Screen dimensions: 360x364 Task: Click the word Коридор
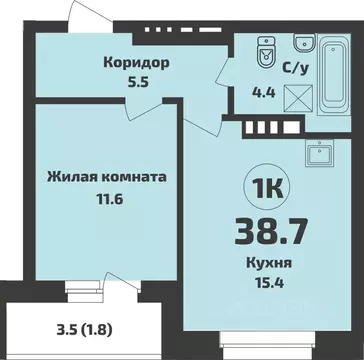(x=135, y=61)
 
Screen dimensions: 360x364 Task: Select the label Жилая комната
(x=105, y=177)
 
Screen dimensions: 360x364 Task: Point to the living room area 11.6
(x=105, y=200)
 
